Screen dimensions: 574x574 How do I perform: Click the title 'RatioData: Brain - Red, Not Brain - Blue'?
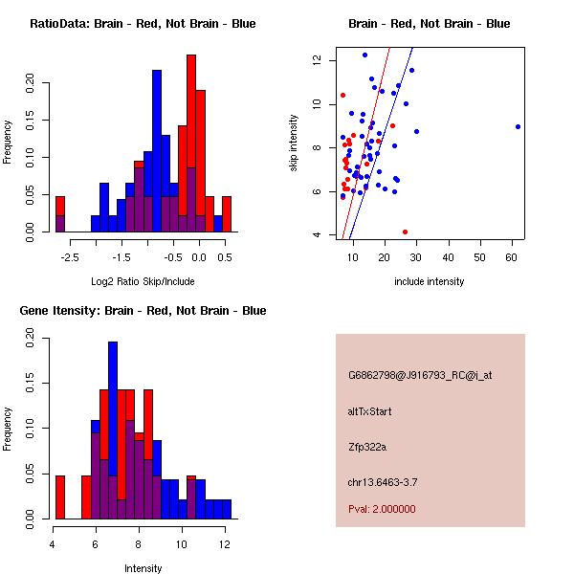click(143, 24)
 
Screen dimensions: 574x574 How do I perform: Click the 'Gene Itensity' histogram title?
click(143, 311)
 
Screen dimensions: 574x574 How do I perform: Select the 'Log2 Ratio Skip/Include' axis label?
click(143, 281)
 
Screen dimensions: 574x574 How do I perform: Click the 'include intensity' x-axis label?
click(430, 281)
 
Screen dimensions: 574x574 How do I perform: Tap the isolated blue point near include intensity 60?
click(518, 126)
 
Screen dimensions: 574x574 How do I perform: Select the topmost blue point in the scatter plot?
click(364, 55)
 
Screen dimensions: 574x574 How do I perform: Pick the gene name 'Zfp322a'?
click(367, 447)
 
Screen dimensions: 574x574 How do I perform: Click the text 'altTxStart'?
click(370, 411)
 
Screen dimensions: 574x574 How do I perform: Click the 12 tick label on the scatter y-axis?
click(314, 60)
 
